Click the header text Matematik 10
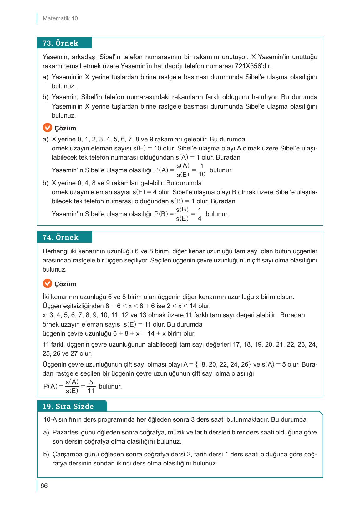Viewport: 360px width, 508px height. pos(60,18)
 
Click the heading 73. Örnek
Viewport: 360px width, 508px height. pos(60,43)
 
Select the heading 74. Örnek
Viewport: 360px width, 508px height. pos(60,237)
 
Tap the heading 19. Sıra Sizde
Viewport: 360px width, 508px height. pos(68,406)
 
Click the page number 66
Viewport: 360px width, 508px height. pos(44,486)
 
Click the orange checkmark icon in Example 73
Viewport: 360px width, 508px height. pos(47,128)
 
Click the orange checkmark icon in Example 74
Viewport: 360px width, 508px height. pos(47,284)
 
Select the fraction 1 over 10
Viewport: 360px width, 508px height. pos(202,170)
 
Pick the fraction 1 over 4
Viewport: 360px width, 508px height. pos(200,214)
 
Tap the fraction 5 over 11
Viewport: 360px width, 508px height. pos(91,386)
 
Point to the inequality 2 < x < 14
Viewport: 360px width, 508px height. pos(183,306)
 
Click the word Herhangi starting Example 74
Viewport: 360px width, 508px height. pos(54,251)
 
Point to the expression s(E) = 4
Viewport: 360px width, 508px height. pos(142,192)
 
